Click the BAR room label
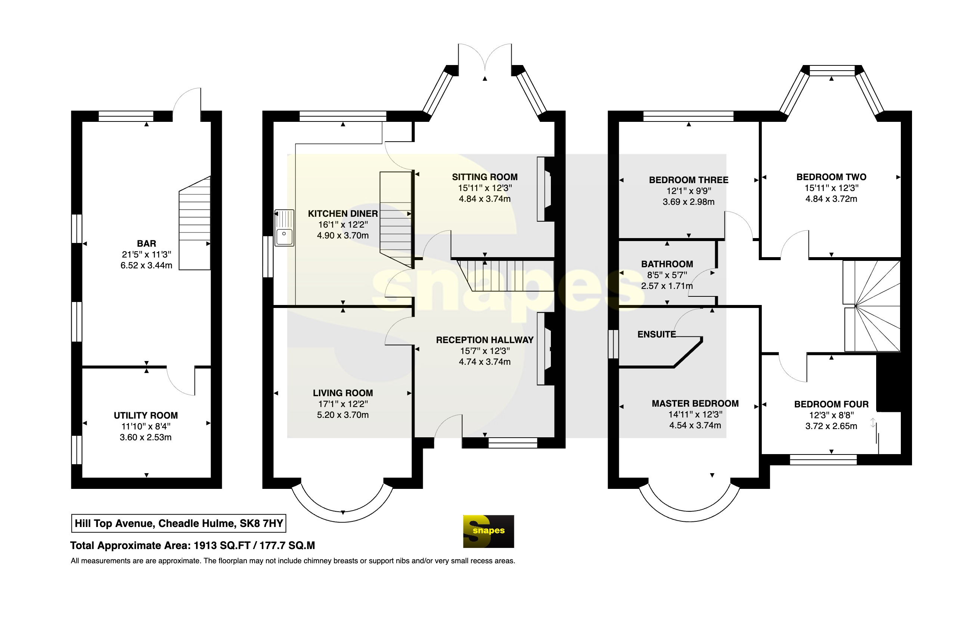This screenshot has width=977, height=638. click(146, 244)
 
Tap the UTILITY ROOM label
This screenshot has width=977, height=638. click(146, 415)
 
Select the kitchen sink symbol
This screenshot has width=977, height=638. click(285, 228)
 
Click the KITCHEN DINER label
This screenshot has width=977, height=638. click(343, 214)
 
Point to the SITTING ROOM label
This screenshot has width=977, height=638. click(485, 177)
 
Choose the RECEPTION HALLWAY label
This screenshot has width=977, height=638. click(485, 340)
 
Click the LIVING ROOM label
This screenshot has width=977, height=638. click(343, 393)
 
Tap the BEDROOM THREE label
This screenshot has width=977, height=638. click(689, 180)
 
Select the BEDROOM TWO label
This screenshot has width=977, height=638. click(831, 177)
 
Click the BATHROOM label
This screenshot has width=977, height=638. click(667, 264)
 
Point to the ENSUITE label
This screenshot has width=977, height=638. click(657, 335)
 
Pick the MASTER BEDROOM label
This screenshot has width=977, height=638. click(695, 403)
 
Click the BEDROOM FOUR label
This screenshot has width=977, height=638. click(831, 404)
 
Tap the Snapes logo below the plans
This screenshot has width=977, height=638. click(488, 531)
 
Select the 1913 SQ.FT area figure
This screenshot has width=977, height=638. click(222, 546)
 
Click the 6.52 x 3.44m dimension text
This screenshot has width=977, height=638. click(146, 265)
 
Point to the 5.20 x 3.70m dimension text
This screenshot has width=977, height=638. click(343, 415)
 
